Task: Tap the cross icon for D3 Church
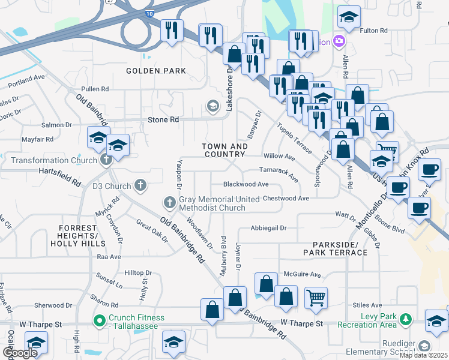coord(140,185)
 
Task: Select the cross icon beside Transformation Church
coord(106,160)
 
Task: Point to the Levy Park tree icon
coord(406,319)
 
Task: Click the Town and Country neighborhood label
coord(224,151)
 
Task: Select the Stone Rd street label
coord(163,120)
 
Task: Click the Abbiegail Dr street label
coord(269,228)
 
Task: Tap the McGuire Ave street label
coord(302,274)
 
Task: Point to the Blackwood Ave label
coord(246,184)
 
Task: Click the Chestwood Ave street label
coord(286,198)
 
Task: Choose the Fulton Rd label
coord(372,31)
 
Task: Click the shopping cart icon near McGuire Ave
coord(316,296)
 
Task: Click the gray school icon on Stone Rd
coord(212,107)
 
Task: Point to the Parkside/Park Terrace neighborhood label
coord(340,249)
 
